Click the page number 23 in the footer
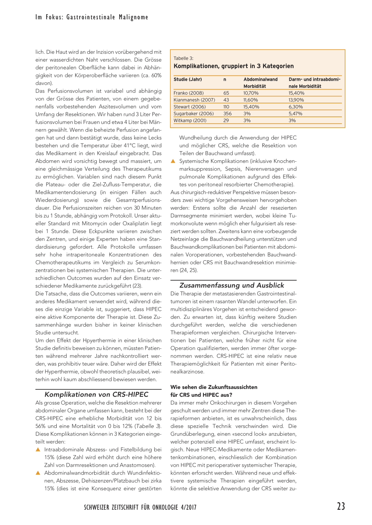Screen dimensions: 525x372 tap(341, 506)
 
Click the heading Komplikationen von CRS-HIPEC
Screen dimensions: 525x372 tap(96, 394)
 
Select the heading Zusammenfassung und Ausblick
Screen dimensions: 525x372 tap(232, 285)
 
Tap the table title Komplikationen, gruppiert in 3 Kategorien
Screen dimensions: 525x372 tap(234, 66)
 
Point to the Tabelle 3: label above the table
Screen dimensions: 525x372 tap(183, 58)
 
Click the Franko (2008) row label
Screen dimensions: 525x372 tap(189, 93)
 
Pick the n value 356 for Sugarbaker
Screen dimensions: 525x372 tap(227, 114)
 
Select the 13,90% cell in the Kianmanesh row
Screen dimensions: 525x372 tap(296, 100)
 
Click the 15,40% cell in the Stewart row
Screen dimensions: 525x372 tap(251, 107)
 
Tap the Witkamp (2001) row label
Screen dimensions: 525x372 tap(190, 121)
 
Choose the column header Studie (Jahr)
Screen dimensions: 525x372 tap(188, 79)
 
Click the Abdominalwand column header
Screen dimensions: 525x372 tap(260, 79)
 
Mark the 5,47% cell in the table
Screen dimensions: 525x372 tap(295, 114)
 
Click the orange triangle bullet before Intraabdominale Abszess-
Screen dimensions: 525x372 tap(38, 450)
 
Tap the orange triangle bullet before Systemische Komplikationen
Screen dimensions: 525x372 tap(173, 161)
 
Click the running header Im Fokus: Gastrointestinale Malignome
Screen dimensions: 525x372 tap(92, 17)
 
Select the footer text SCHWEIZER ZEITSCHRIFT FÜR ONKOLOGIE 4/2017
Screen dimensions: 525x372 tap(140, 507)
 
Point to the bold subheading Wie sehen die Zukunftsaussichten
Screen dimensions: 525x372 tap(214, 387)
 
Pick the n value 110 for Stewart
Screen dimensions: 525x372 tap(226, 107)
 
